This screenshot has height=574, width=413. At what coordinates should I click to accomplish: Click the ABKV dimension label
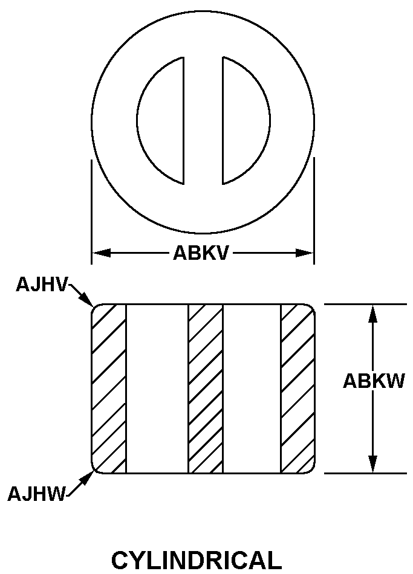coord(201,253)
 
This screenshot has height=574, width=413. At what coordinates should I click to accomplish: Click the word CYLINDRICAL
coord(197,559)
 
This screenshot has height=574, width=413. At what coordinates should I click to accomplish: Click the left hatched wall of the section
coord(109,389)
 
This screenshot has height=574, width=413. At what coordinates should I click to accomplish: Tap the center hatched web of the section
coord(206,389)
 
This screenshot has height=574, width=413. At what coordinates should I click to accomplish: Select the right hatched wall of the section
coord(298,389)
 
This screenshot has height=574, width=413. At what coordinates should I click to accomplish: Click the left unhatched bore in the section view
coord(157,389)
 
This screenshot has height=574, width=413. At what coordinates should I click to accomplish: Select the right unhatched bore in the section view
coord(252,389)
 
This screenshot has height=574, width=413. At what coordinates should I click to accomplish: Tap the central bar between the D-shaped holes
coord(203,120)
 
